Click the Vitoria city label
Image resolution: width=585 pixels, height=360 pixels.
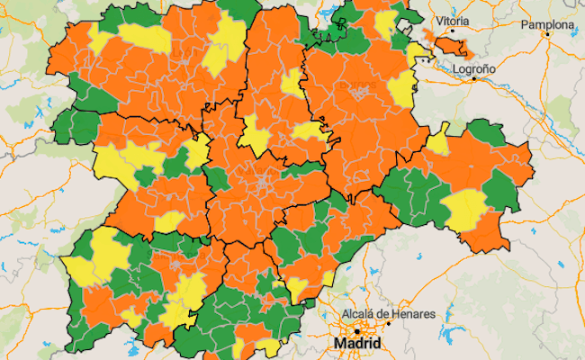[451, 20]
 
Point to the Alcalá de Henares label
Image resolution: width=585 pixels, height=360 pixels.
[388, 315]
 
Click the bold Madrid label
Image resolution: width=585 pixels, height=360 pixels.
[358, 344]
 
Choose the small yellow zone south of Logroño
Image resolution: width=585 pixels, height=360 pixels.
[438, 143]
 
